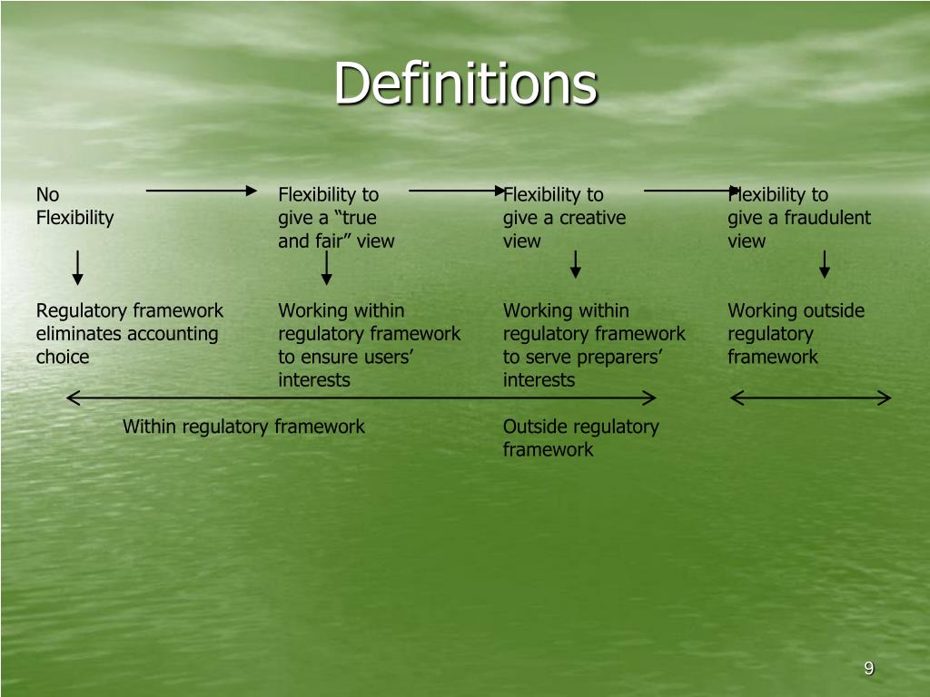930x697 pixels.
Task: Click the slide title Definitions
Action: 466,83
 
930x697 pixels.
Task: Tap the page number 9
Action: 869,668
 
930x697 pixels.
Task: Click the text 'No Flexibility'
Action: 74,206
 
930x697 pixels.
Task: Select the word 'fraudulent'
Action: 827,218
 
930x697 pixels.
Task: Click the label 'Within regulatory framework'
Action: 243,427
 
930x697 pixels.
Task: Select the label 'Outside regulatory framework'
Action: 580,438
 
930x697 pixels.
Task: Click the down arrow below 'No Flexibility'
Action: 78,268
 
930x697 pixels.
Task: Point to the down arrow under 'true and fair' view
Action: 326,268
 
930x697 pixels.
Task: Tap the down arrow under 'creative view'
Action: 575,264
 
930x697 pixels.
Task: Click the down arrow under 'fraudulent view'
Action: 825,264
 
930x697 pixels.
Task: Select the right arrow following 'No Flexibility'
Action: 202,191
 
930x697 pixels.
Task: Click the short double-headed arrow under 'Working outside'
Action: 810,398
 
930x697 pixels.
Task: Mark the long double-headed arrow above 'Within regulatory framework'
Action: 361,398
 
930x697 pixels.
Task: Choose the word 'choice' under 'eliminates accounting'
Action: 63,357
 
